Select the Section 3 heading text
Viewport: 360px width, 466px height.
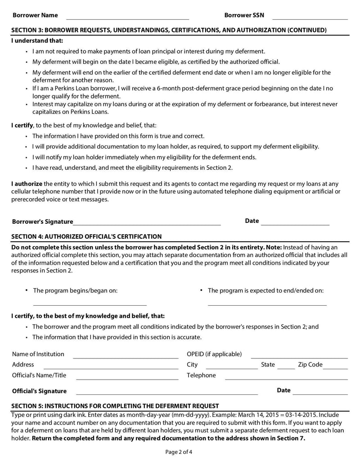(169, 30)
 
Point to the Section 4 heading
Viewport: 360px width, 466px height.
(86, 236)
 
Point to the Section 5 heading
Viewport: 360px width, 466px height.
(115, 406)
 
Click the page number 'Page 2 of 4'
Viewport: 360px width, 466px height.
(180, 452)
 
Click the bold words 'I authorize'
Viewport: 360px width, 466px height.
(27, 184)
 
